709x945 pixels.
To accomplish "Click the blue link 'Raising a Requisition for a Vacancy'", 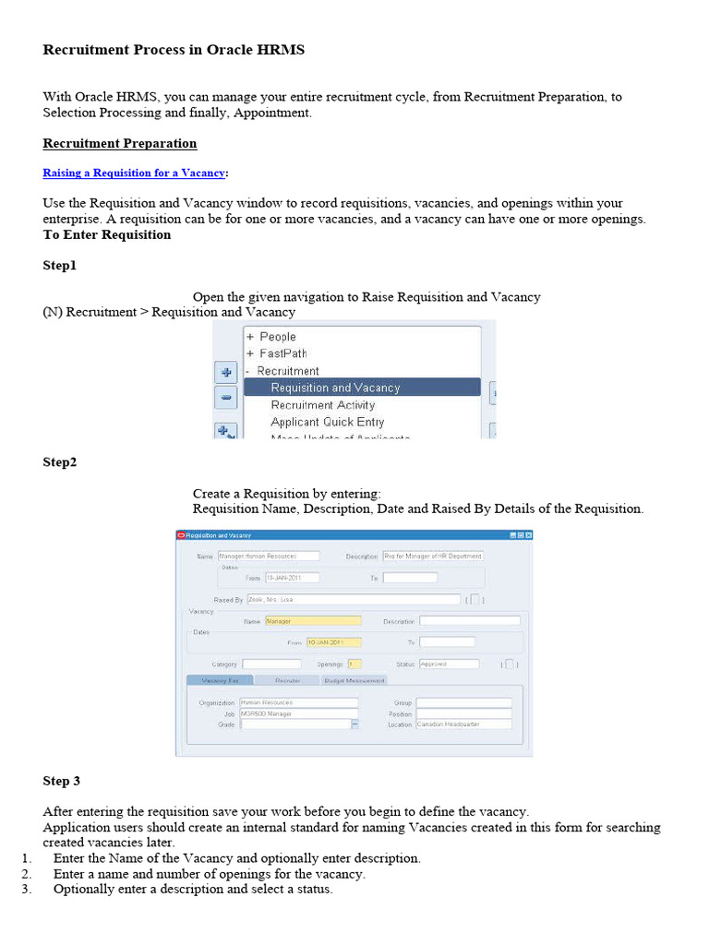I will [134, 173].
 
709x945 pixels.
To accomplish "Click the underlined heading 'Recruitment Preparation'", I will [119, 143].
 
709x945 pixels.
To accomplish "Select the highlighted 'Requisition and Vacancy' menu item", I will [335, 388].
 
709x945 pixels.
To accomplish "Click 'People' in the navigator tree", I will [277, 337].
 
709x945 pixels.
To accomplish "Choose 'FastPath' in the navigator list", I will [282, 353].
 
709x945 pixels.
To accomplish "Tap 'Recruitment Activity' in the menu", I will [322, 405].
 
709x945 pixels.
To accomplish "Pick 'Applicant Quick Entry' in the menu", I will [327, 422].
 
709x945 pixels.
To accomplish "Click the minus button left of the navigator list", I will [226, 398].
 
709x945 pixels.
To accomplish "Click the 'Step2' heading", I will [60, 461].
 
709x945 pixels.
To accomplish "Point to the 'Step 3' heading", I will [61, 781].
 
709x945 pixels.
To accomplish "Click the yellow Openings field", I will [354, 664].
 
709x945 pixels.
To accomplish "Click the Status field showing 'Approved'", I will [449, 664].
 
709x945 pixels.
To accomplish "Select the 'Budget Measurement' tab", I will [354, 680].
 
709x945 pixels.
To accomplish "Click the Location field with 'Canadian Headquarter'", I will [463, 724].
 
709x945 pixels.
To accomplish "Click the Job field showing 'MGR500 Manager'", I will [298, 713].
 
